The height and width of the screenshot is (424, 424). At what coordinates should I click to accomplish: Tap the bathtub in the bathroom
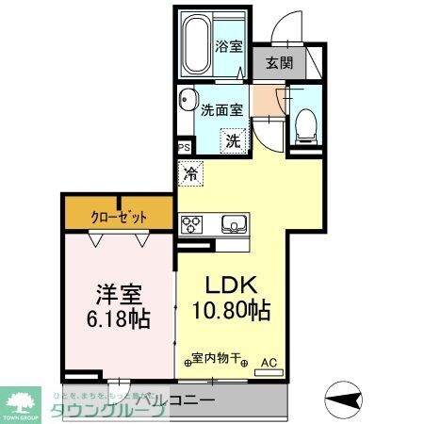[195, 44]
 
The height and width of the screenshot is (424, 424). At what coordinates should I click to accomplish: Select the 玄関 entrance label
[278, 63]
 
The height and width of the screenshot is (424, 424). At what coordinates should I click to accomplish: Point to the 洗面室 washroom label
[221, 109]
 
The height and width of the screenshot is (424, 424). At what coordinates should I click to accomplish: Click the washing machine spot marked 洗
[232, 141]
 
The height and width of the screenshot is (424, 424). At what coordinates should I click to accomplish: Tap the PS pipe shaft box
[184, 147]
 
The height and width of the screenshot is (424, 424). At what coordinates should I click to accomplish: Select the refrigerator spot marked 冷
[191, 173]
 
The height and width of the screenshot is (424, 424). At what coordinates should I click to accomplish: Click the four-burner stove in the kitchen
[192, 224]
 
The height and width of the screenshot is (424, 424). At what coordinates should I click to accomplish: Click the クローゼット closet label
[120, 216]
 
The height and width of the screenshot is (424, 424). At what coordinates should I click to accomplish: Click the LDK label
[227, 284]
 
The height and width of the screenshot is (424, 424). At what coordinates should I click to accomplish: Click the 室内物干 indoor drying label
[216, 358]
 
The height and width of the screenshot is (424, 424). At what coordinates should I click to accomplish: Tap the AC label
[269, 361]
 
